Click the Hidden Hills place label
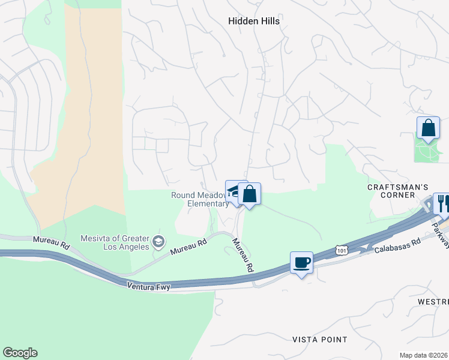click(254, 20)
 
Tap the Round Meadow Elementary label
click(200, 199)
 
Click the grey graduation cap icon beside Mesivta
click(158, 242)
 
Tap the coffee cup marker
click(301, 262)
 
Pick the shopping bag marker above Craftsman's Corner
click(428, 128)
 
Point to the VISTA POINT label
click(319, 340)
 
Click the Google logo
click(20, 353)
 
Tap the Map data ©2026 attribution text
click(423, 355)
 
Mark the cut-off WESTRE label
click(435, 301)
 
